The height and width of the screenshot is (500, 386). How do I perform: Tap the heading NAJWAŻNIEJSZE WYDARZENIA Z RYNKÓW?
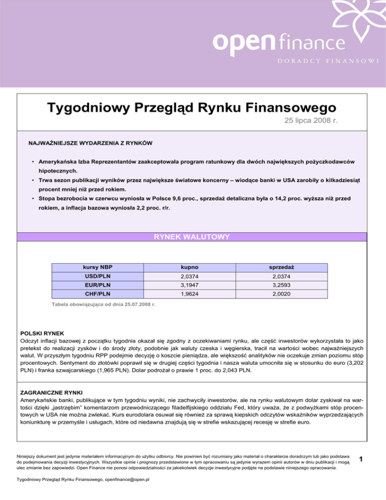pos(91,144)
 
